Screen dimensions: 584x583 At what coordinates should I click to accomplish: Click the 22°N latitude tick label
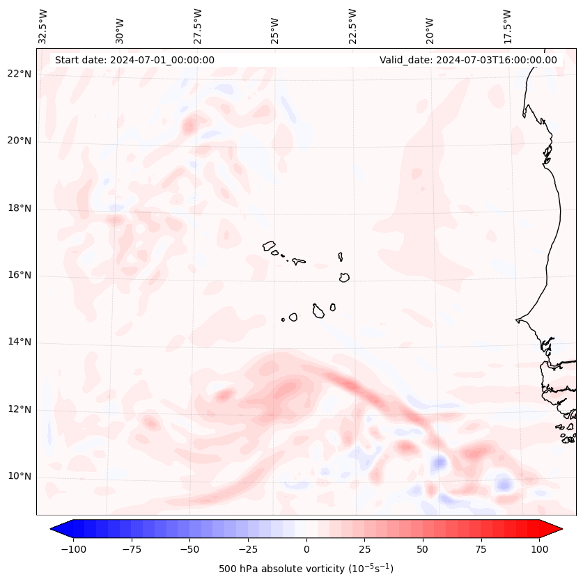click(x=19, y=74)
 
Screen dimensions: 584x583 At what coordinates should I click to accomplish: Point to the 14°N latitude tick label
click(x=19, y=342)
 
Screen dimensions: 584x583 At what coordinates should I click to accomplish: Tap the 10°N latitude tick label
click(x=19, y=476)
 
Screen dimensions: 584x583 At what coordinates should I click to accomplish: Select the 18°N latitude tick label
click(x=19, y=208)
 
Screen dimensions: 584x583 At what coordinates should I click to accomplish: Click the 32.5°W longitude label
click(x=43, y=26)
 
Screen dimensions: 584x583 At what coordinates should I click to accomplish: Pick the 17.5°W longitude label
click(x=508, y=26)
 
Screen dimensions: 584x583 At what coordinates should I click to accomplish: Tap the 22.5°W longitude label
click(x=352, y=26)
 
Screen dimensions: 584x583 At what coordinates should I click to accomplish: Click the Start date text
click(x=134, y=60)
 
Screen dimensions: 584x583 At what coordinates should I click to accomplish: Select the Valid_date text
click(x=468, y=60)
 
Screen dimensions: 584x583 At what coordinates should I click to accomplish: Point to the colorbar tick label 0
click(x=306, y=549)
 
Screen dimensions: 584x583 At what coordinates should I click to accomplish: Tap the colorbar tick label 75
click(x=481, y=549)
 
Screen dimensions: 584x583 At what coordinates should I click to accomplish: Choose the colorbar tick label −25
click(x=248, y=549)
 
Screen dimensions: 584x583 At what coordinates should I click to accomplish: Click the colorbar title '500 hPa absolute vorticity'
click(x=306, y=569)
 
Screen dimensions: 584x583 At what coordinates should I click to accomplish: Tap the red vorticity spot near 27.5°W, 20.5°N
click(x=189, y=127)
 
